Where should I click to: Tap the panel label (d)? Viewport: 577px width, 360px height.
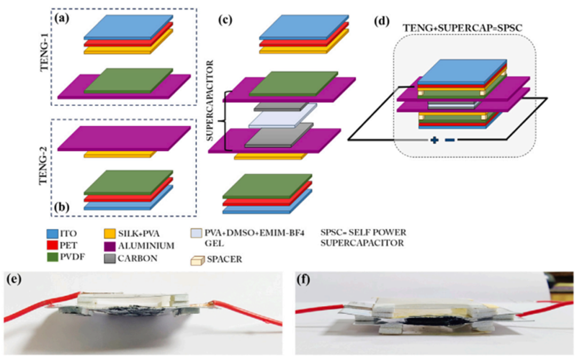(x=381, y=21)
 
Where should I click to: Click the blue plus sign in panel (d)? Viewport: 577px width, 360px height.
(x=434, y=140)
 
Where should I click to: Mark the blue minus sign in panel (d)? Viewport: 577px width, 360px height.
(x=450, y=140)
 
